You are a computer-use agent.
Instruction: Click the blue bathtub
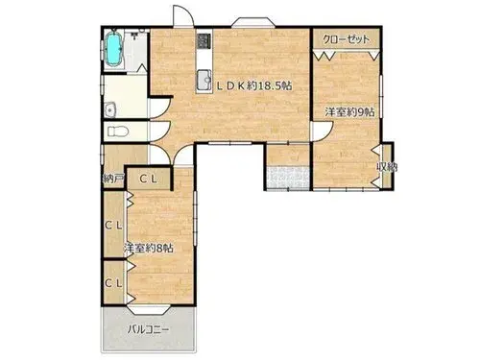click(114, 49)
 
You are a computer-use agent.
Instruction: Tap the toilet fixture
click(118, 132)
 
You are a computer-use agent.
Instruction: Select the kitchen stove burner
click(204, 41)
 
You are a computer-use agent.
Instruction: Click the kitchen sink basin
click(204, 80)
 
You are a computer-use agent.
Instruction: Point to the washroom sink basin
click(110, 110)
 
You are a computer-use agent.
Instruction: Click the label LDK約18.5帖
click(254, 85)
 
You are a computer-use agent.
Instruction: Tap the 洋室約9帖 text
click(349, 112)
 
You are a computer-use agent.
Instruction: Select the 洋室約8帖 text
click(149, 248)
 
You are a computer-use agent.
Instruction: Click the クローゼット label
click(346, 39)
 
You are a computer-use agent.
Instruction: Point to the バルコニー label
click(148, 329)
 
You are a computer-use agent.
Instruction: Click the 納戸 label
click(113, 179)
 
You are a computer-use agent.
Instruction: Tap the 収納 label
click(387, 167)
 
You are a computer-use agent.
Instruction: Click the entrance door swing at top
click(183, 15)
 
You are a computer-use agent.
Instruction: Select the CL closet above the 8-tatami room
click(148, 180)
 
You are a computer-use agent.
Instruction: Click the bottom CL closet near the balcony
click(114, 282)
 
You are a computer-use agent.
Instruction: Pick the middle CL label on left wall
click(114, 226)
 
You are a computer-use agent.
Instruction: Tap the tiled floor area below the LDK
click(288, 178)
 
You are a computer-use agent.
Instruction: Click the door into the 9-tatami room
click(322, 132)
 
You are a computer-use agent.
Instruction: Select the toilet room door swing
click(159, 132)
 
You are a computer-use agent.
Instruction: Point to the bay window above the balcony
click(148, 309)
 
